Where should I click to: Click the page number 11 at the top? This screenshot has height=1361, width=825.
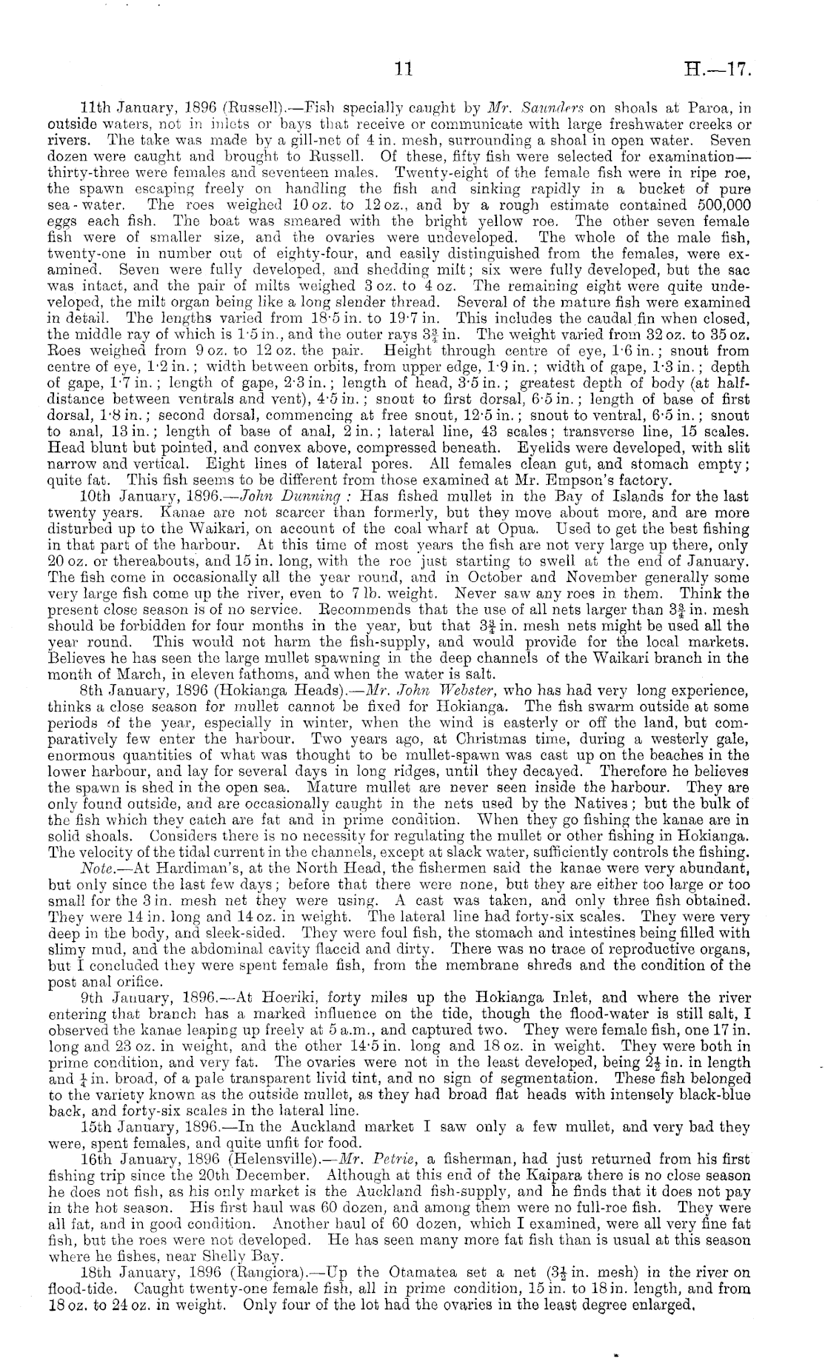click(x=404, y=70)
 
